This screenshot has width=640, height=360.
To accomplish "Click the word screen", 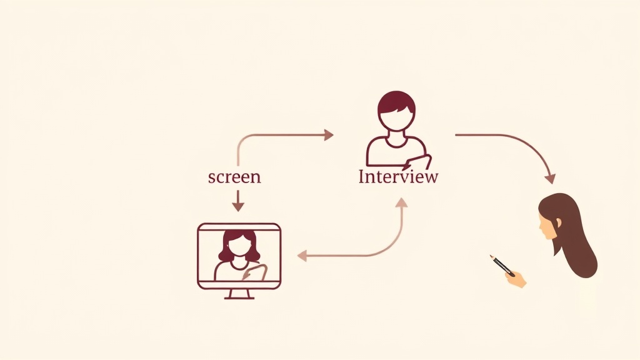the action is (234, 177).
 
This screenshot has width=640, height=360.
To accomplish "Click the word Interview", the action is (398, 177).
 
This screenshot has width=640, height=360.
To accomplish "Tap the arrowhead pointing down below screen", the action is (238, 206).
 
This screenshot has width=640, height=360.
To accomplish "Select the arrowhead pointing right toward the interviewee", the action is (329, 135).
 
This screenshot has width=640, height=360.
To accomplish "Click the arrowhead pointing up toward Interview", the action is (402, 202).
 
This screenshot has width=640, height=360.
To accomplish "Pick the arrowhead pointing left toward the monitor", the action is (302, 256).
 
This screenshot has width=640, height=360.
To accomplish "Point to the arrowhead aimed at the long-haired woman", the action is (551, 178).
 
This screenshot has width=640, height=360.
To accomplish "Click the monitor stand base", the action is (239, 297).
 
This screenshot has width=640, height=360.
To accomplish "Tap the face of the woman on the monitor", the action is (238, 247).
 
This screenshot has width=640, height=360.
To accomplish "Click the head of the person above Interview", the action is (396, 110).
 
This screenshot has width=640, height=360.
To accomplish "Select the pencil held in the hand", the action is (502, 265).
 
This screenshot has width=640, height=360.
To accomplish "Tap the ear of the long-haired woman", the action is (558, 223).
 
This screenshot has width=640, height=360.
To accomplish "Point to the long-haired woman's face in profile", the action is (547, 226).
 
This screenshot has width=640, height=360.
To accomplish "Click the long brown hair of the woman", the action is (571, 235).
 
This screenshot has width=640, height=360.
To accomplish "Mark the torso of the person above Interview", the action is (396, 152).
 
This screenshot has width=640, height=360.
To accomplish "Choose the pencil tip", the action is (491, 256).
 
